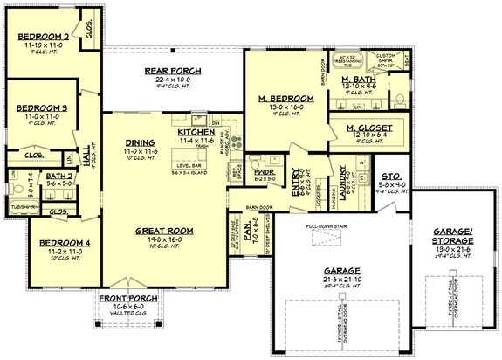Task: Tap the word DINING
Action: pos(140,143)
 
